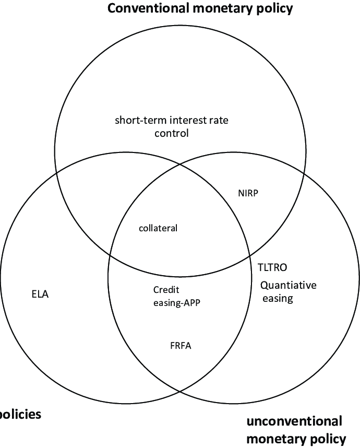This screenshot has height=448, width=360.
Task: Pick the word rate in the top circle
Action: coord(218,121)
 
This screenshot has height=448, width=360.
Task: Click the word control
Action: coord(171,133)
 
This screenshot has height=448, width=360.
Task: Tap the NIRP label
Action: coord(248,193)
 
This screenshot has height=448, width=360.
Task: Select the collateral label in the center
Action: coord(159,228)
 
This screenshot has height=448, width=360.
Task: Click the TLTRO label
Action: coord(273,267)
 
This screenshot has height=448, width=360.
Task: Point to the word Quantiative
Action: coord(289,286)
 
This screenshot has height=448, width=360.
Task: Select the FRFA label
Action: coord(181,345)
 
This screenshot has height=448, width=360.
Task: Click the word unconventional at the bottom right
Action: coord(294,421)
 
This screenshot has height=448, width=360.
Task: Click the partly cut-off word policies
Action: coord(20,415)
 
